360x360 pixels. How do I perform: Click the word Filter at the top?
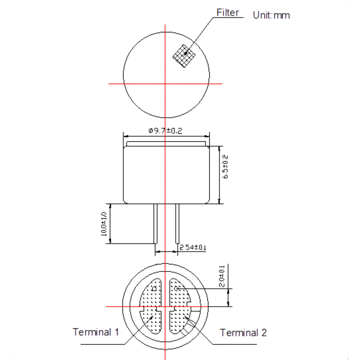coord(228,13)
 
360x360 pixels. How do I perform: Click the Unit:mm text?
coord(271,15)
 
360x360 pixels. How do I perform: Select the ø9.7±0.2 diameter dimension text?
coord(166,131)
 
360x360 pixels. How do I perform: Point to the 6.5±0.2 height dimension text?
coord(225,167)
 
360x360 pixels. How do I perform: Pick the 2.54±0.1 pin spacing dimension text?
coord(193,248)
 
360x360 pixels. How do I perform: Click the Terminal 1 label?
coord(96,332)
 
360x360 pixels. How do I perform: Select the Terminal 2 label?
coord(243,333)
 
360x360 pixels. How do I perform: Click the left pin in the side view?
coord(155,224)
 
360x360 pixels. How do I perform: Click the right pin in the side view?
coord(177,224)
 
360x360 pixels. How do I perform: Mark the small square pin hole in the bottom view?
coord(154,289)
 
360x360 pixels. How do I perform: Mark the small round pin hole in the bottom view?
coord(177,289)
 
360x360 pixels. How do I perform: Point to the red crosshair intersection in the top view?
coord(165,83)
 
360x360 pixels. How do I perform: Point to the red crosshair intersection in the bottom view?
coord(165,306)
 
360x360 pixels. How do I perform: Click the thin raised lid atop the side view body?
coord(166,144)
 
